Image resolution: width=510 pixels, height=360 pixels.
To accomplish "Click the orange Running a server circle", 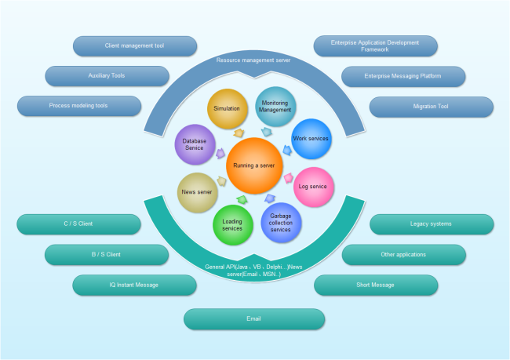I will [x=253, y=166].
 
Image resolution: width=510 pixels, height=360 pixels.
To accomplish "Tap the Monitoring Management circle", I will [x=275, y=107].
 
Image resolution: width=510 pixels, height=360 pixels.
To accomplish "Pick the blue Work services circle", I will [x=310, y=139].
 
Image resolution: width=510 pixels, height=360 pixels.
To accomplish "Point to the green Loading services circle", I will [x=233, y=224].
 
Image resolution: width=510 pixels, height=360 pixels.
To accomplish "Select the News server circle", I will [x=197, y=191].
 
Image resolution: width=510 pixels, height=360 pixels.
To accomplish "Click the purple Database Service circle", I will [x=195, y=144].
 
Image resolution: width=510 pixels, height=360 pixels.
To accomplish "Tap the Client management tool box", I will [x=134, y=46].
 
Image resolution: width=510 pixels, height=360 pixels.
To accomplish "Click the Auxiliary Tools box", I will [x=107, y=76].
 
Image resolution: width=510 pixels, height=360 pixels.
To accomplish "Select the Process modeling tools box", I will [x=79, y=106].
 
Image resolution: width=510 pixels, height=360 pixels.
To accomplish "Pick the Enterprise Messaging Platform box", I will [x=403, y=76].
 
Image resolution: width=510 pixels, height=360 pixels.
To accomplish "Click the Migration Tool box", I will [x=431, y=106].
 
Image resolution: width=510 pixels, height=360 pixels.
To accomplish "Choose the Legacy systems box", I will [x=431, y=224].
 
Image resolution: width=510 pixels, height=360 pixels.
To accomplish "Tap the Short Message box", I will [x=375, y=285].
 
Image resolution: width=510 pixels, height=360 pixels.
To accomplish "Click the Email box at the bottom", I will [x=253, y=319].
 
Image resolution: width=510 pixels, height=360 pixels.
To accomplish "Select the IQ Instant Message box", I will [x=134, y=285].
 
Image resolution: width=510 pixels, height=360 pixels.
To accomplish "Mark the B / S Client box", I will [x=107, y=255].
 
